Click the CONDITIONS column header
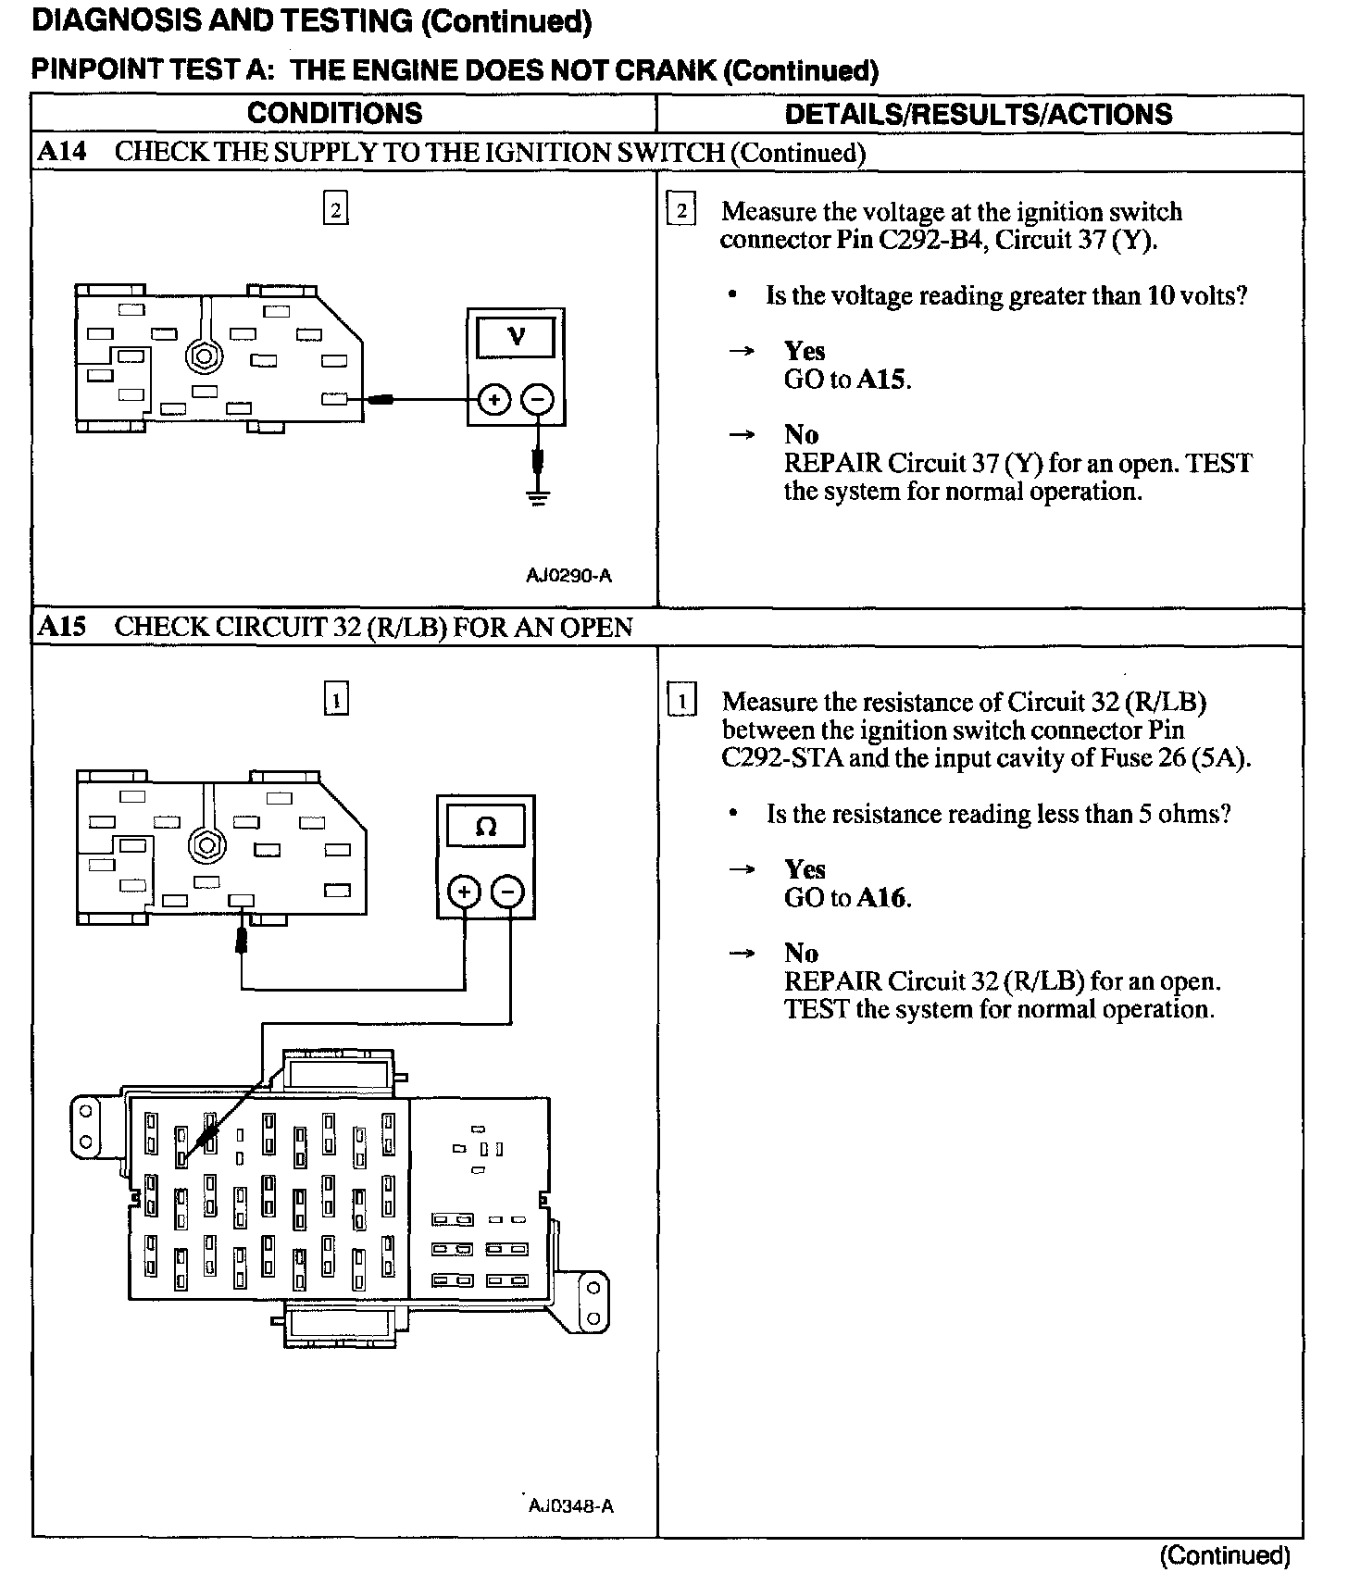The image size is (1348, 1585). click(x=334, y=114)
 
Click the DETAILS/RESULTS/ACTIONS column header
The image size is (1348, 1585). click(x=978, y=114)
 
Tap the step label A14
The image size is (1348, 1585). click(x=61, y=152)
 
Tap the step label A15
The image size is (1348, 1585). click(x=61, y=627)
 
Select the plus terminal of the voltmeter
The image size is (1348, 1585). click(x=494, y=400)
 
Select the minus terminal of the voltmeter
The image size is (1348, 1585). click(x=538, y=400)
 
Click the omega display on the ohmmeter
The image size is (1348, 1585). click(x=486, y=826)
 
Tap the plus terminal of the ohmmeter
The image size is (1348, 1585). click(x=464, y=892)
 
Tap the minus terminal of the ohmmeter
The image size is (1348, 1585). click(x=508, y=892)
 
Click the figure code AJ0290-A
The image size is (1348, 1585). click(x=568, y=576)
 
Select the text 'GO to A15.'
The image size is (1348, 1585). click(x=847, y=380)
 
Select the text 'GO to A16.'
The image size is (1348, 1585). click(x=847, y=898)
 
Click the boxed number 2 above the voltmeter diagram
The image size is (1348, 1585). click(x=335, y=211)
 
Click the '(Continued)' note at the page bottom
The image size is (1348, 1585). click(x=1224, y=1556)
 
